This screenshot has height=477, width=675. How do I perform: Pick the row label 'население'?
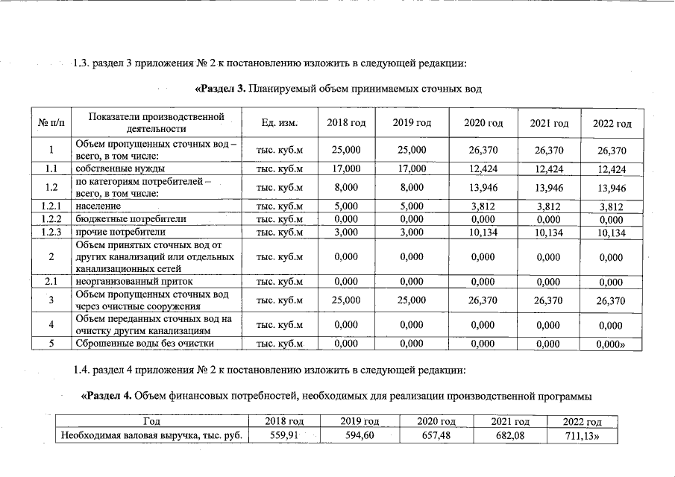98,206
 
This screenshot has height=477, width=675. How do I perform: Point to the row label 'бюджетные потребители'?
120,219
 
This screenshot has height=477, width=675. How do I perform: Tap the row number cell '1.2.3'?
51,232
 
